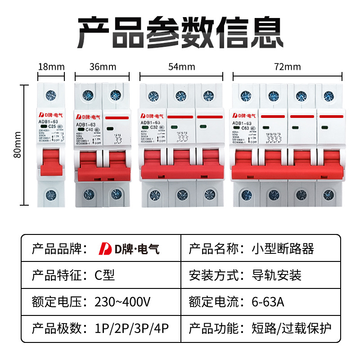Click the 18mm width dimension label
pyautogui.click(x=51, y=67)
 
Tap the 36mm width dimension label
pyautogui.click(x=103, y=67)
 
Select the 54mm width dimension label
pyautogui.click(x=181, y=67)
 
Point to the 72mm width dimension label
pyautogui.click(x=287, y=67)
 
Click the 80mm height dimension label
pyautogui.click(x=17, y=144)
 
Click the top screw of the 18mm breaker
pyautogui.click(x=51, y=95)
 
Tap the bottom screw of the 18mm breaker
pyautogui.click(x=51, y=194)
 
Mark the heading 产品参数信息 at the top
pyautogui.click(x=180, y=32)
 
